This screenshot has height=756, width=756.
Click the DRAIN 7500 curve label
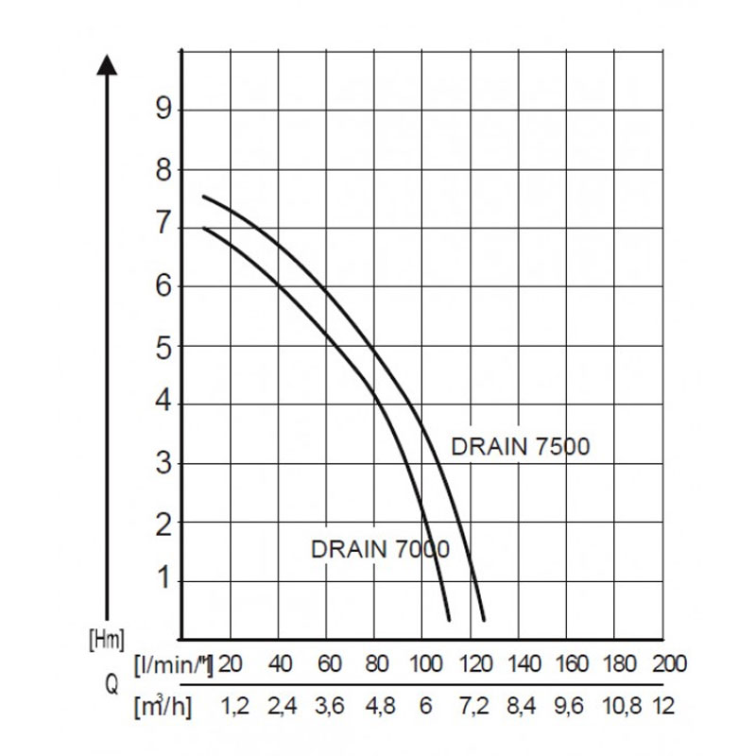pos(520,446)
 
